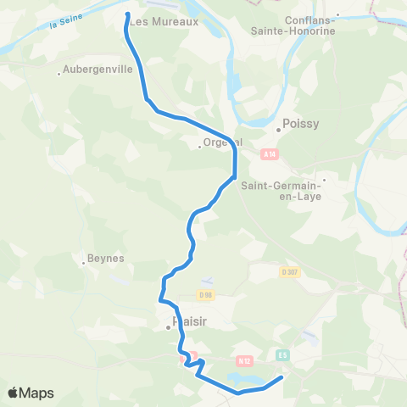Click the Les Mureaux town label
point(164,22)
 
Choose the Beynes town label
point(106,258)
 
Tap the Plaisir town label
point(190,321)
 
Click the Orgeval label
point(221,142)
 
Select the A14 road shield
point(270,154)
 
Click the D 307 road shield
point(290,272)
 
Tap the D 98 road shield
point(204,294)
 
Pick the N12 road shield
point(244,360)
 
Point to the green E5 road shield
point(283,355)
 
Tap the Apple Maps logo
point(31,393)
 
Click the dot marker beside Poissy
point(278,130)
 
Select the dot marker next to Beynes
point(84,263)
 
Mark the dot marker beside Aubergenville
point(58,75)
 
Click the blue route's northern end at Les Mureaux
point(128,14)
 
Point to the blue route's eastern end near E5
point(282,377)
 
